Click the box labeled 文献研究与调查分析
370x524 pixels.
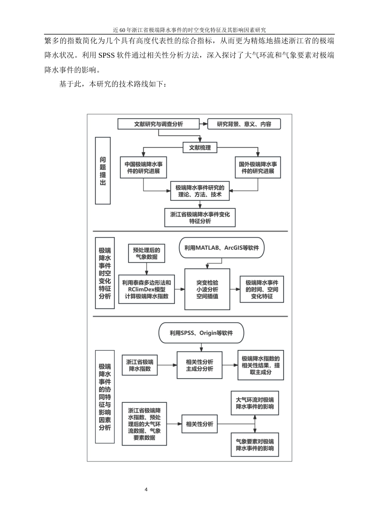pyautogui.click(x=159, y=124)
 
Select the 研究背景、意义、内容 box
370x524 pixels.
pyautogui.click(x=244, y=124)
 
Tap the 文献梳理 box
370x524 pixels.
pyautogui.click(x=200, y=148)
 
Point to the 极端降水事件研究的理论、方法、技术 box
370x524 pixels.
pyautogui.click(x=200, y=191)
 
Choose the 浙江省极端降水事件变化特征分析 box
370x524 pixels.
pyautogui.click(x=200, y=218)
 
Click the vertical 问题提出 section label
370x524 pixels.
pyautogui.click(x=103, y=170)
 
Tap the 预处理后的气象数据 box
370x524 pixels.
pyautogui.click(x=146, y=253)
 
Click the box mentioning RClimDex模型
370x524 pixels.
pyautogui.click(x=146, y=289)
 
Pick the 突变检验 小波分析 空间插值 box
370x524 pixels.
pyautogui.click(x=207, y=289)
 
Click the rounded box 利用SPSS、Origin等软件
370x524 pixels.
pyautogui.click(x=201, y=333)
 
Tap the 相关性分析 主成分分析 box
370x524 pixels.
pyautogui.click(x=199, y=365)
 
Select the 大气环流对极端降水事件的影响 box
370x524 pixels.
pyautogui.click(x=255, y=403)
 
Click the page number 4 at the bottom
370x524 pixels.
pyautogui.click(x=146, y=490)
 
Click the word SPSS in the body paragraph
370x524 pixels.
pyautogui.click(x=106, y=55)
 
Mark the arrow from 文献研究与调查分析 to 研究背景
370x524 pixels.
pyautogui.click(x=203, y=124)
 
